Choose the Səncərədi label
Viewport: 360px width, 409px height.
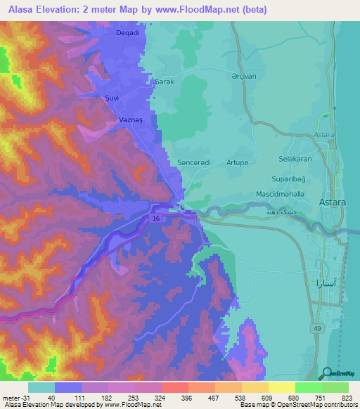[x=194, y=162]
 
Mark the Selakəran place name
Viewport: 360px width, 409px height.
[x=295, y=159]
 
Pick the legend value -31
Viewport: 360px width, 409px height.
[x=13, y=398]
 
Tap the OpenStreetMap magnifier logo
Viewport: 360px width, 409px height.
[x=326, y=374]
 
